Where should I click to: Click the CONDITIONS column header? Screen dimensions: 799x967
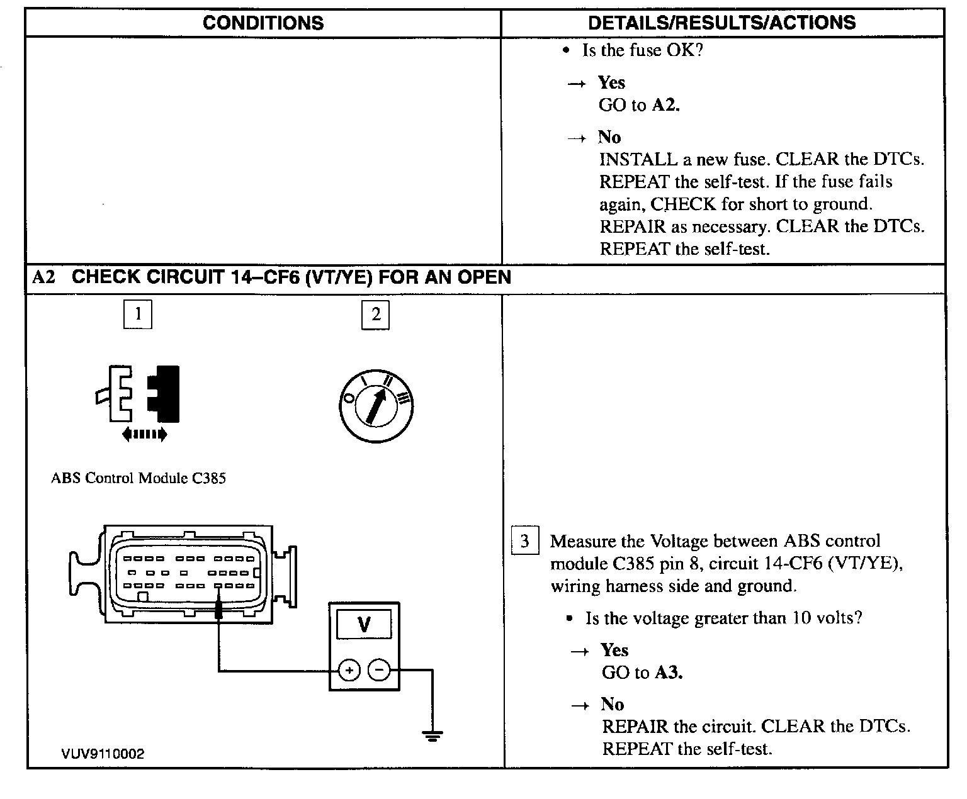pos(263,23)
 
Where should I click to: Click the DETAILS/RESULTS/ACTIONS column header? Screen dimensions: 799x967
pos(721,23)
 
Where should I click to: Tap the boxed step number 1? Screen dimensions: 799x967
pos(138,314)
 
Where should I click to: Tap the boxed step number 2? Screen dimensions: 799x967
pos(375,315)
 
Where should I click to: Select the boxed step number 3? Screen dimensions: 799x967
pos(524,542)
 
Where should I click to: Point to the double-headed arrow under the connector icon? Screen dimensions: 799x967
pos(144,433)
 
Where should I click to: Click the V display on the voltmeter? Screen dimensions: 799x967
pos(364,625)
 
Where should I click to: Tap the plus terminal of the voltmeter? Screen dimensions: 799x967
pos(349,671)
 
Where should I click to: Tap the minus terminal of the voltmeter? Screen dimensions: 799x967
pos(379,671)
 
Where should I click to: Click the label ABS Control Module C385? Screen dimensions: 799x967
pos(138,478)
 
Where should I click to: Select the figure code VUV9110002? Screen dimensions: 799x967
pos(103,754)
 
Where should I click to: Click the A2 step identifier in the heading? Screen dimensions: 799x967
pos(43,277)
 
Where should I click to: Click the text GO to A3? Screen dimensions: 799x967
pos(642,673)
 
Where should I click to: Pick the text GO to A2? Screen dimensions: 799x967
pos(639,105)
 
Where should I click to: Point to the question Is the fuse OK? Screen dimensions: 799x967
pos(642,50)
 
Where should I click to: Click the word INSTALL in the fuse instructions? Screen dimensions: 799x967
pos(638,159)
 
